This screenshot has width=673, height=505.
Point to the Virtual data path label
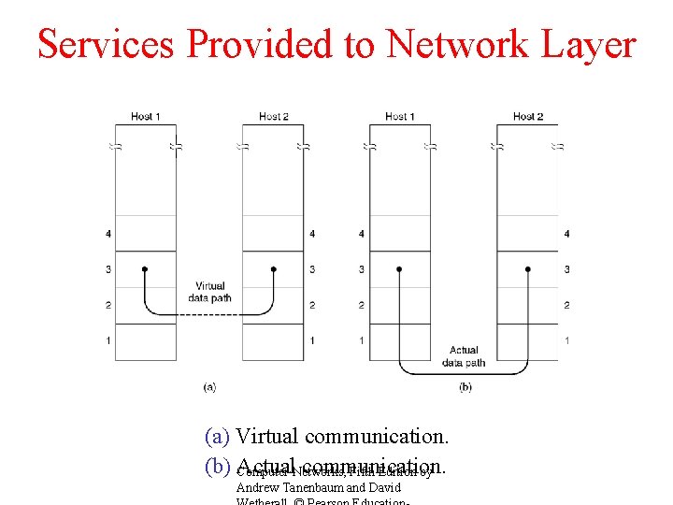tap(210, 292)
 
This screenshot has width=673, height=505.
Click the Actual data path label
tap(464, 356)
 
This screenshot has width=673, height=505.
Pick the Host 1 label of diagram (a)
tap(145, 117)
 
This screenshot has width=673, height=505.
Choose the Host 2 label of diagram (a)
tap(273, 117)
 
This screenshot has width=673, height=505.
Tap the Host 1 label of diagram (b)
tap(399, 117)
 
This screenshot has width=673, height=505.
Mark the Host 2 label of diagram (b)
tap(528, 117)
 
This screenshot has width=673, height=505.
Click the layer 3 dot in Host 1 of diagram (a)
tap(144, 269)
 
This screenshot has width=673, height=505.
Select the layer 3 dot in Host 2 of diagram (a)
tap(273, 269)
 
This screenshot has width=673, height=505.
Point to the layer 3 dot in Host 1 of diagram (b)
tap(399, 269)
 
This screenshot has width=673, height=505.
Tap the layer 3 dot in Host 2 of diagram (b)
tap(528, 269)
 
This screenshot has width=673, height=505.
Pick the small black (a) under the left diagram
tap(209, 386)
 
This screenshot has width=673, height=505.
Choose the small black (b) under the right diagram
tap(465, 386)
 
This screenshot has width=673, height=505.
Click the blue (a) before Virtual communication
tap(219, 437)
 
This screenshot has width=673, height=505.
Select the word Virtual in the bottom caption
tap(267, 437)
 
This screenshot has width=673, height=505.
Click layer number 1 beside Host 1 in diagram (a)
tap(107, 340)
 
